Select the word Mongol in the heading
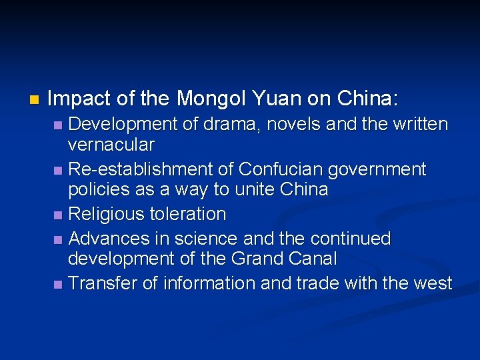[x=211, y=99]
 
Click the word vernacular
[x=111, y=145]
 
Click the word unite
[x=252, y=189]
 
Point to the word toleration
[x=189, y=214]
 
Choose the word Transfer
[x=103, y=283]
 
